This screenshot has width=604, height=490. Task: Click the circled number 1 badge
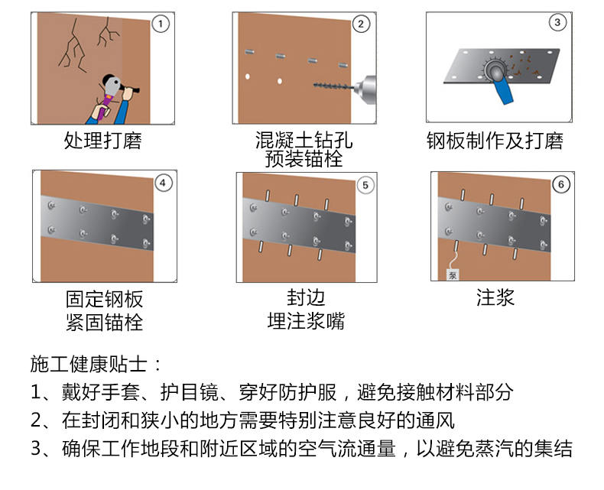161,24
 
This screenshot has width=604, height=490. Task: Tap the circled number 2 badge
361,24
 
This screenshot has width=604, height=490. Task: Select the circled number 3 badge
557,22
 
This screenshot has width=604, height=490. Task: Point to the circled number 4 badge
163,183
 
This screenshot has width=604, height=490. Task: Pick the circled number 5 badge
365,185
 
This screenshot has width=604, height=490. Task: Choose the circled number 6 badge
561,184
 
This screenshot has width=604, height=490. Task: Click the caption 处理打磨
103,140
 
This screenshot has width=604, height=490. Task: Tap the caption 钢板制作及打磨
495,140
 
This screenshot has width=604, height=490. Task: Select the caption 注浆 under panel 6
495,297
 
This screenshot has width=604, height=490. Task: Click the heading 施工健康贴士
89,364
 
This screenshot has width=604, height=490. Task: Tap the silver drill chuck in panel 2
365,89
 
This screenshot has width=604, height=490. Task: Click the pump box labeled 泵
453,274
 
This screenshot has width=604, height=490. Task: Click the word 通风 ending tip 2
435,420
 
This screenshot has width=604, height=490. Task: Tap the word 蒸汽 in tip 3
494,448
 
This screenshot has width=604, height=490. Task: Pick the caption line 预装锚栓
304,159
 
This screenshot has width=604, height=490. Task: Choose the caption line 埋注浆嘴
307,321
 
